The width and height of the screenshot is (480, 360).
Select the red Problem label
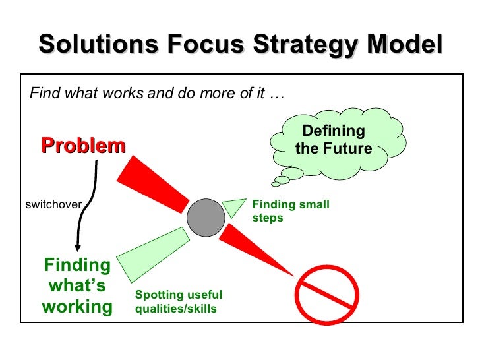click(83, 145)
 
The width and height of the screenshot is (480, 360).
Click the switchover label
click(53, 204)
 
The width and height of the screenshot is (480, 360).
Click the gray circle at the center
click(206, 217)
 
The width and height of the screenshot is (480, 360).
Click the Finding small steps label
click(290, 211)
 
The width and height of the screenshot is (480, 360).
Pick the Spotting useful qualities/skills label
click(178, 301)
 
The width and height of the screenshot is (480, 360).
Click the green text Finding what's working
click(77, 285)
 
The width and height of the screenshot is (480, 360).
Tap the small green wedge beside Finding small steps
click(233, 206)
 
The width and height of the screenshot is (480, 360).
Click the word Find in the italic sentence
click(44, 93)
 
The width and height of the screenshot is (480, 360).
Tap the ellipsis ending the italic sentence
click(277, 94)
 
